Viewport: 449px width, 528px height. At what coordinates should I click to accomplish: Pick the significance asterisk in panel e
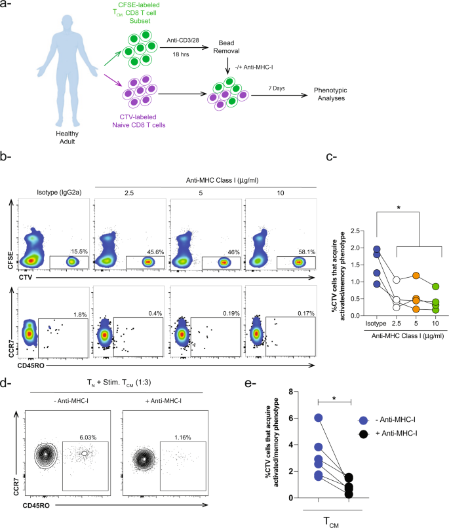pyautogui.click(x=335, y=396)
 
